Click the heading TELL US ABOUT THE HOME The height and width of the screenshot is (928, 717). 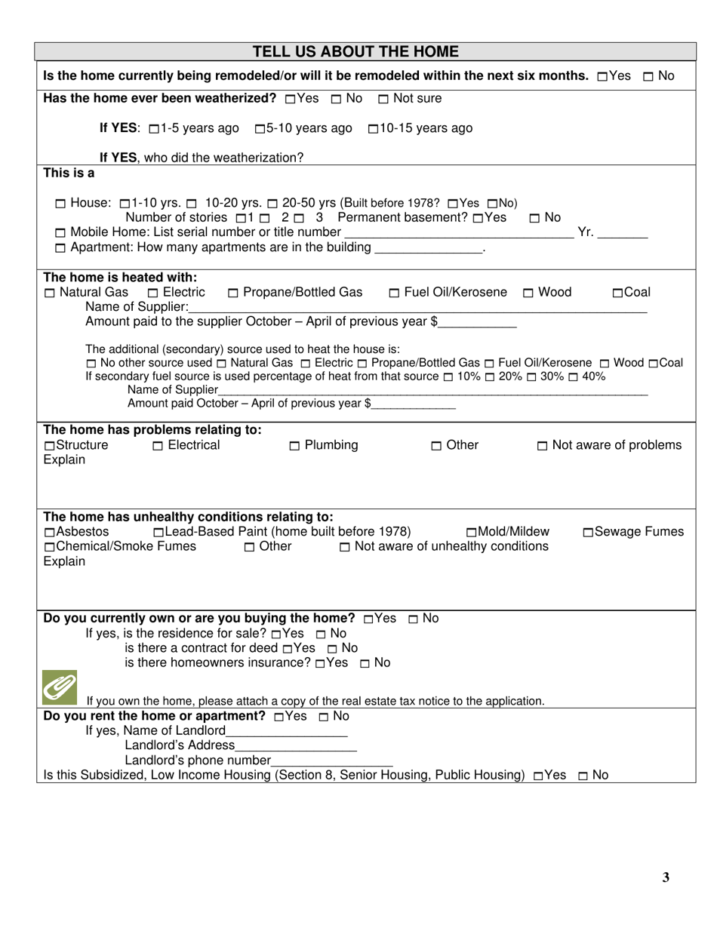pos(355,52)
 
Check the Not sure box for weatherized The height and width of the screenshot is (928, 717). pos(383,99)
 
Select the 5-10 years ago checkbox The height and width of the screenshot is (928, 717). pos(260,129)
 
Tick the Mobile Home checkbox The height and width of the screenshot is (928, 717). pos(61,233)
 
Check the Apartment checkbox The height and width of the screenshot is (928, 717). pos(61,248)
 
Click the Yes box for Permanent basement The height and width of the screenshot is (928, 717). pos(478,218)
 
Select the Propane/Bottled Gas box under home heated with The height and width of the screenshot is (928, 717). pos(232,293)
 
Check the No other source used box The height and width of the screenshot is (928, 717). pos(91,364)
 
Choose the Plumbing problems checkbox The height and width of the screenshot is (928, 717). pos(295,446)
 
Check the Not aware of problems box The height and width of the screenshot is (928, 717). pos(543,446)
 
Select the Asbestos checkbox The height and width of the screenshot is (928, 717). pos(49,533)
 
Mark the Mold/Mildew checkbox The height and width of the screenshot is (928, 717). pos(472,533)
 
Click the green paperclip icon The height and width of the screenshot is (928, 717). pos(58,687)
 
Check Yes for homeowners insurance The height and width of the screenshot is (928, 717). pos(321,663)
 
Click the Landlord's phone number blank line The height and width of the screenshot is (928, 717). pos(331,761)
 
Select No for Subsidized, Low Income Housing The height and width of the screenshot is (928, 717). pos(583,776)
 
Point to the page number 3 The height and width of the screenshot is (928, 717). pos(666,877)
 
